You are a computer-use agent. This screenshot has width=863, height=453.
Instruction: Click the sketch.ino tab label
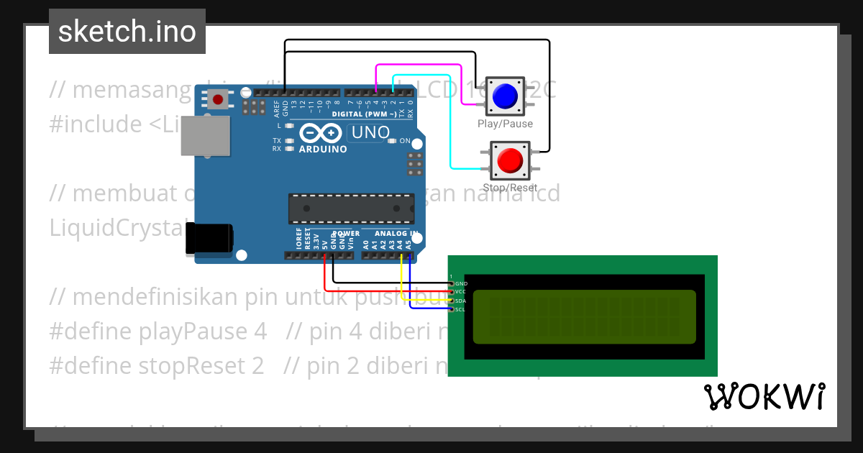127,32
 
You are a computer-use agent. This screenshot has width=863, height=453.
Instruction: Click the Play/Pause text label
505,124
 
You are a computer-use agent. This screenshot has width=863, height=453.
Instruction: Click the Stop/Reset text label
509,188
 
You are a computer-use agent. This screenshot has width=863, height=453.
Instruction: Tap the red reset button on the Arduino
218,99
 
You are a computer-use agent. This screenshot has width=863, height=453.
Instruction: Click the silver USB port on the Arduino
205,136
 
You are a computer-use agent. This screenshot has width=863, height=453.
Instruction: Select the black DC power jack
209,238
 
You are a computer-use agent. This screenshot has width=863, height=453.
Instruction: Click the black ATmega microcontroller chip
351,209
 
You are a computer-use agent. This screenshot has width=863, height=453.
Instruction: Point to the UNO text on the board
368,133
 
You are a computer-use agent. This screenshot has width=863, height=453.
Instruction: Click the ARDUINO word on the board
323,150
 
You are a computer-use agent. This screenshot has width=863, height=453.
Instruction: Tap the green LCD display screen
584,316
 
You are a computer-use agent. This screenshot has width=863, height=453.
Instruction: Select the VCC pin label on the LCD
461,292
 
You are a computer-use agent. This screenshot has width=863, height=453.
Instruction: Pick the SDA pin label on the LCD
461,301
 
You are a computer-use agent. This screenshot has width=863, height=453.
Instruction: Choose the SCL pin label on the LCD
461,309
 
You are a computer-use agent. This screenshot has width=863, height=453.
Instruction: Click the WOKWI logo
764,396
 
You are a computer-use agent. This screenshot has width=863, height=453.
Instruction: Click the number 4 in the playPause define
260,331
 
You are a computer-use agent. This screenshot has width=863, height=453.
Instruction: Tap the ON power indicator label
404,141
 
